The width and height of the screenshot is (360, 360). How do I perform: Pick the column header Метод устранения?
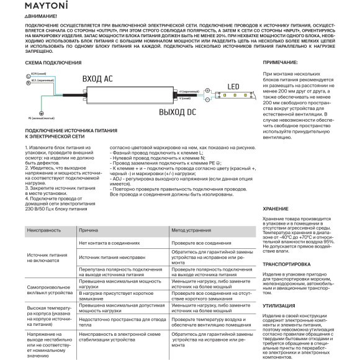(192, 230)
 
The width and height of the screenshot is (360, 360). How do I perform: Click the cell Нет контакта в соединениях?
(112, 243)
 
